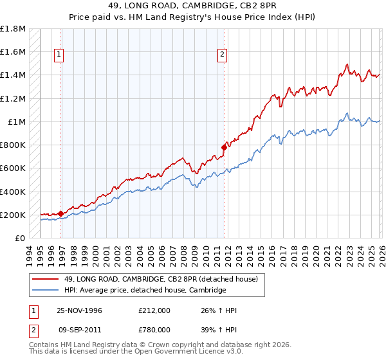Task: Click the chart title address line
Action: pyautogui.click(x=192, y=6)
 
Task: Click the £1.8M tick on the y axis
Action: pyautogui.click(x=14, y=29)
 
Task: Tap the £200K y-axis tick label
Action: pyautogui.click(x=14, y=215)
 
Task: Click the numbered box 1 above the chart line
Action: pyautogui.click(x=59, y=55)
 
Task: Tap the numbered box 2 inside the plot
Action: pyautogui.click(x=222, y=55)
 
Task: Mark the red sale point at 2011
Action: pyautogui.click(x=224, y=147)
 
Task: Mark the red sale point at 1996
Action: pyautogui.click(x=61, y=213)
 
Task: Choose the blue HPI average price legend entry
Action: pyautogui.click(x=145, y=291)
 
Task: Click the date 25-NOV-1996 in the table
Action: pyautogui.click(x=80, y=310)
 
